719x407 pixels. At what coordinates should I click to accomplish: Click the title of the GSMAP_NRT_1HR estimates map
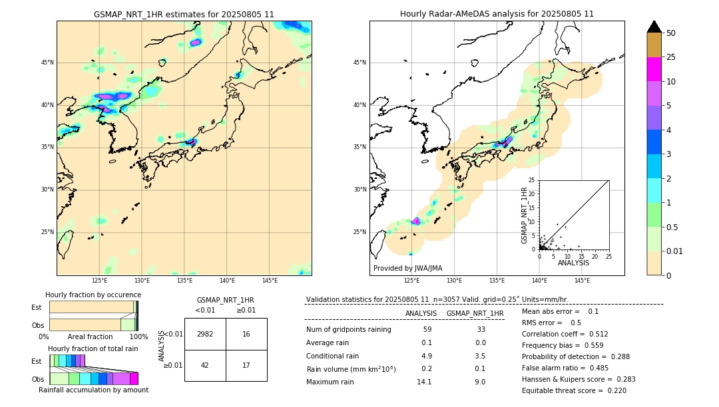(184, 14)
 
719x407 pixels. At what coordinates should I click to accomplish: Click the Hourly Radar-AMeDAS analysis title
(497, 14)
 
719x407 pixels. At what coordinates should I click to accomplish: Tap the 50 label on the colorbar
(671, 33)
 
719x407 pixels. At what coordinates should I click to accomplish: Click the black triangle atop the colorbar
(654, 27)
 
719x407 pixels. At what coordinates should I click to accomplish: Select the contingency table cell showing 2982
(205, 334)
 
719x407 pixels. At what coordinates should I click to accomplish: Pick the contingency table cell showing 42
(205, 365)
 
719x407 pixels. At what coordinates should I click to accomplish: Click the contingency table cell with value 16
(246, 334)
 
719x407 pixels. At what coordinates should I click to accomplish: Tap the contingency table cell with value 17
(246, 365)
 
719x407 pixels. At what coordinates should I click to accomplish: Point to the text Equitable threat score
(563, 390)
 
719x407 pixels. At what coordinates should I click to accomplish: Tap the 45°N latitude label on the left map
(47, 63)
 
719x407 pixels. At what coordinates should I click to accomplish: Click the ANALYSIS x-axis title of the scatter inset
(573, 263)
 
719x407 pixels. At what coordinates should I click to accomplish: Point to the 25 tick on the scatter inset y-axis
(532, 180)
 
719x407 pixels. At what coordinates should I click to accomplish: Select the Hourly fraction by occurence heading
(93, 295)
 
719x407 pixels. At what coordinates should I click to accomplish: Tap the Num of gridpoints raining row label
(348, 329)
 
